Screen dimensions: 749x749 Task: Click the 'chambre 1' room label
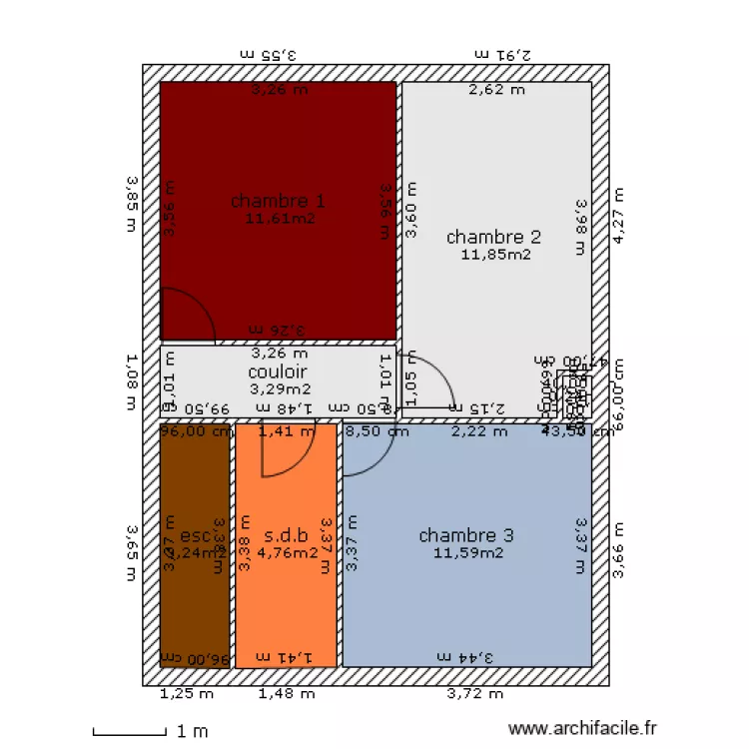pyautogui.click(x=278, y=201)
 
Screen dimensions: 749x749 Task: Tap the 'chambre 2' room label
pyautogui.click(x=493, y=237)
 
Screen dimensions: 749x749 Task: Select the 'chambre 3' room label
pyautogui.click(x=466, y=536)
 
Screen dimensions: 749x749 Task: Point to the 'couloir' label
pyautogui.click(x=279, y=373)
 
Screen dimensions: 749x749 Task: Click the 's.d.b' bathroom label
pyautogui.click(x=286, y=535)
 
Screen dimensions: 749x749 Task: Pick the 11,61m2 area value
pyautogui.click(x=280, y=217)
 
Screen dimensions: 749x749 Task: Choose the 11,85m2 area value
pyautogui.click(x=495, y=254)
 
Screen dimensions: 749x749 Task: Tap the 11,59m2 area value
pyautogui.click(x=467, y=552)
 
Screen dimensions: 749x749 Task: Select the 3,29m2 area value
pyautogui.click(x=280, y=388)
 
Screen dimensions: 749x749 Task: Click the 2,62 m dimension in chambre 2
pyautogui.click(x=496, y=90)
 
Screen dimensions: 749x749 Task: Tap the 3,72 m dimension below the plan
pyautogui.click(x=474, y=693)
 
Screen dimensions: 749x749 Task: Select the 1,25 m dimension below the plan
pyautogui.click(x=187, y=693)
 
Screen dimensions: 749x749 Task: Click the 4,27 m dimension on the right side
pyautogui.click(x=619, y=216)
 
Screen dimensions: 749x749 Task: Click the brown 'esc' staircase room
pyautogui.click(x=195, y=599)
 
